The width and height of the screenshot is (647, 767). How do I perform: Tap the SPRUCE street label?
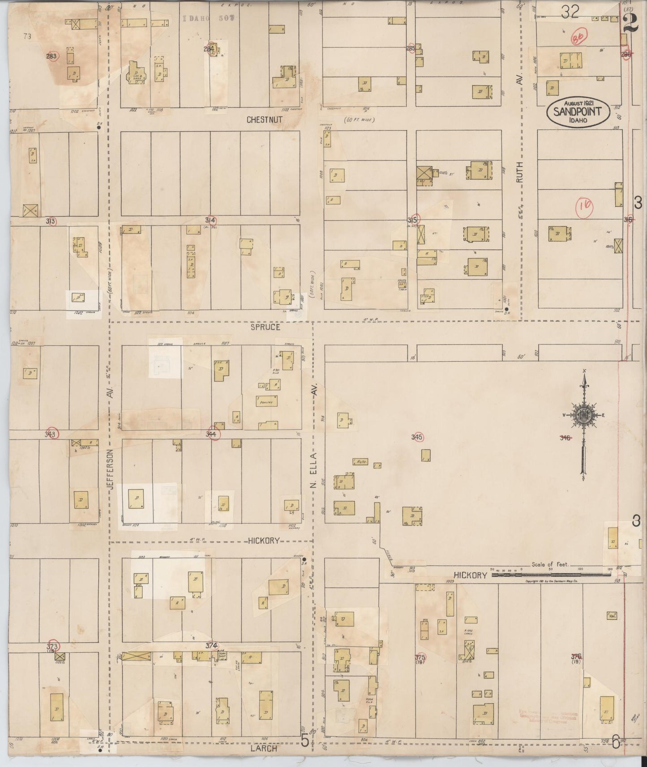(x=265, y=327)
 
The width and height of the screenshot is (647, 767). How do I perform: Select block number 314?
(x=210, y=220)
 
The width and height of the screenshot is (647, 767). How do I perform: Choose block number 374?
(x=211, y=646)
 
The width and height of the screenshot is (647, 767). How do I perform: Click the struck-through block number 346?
(x=566, y=438)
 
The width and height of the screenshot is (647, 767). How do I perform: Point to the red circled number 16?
(x=584, y=206)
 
